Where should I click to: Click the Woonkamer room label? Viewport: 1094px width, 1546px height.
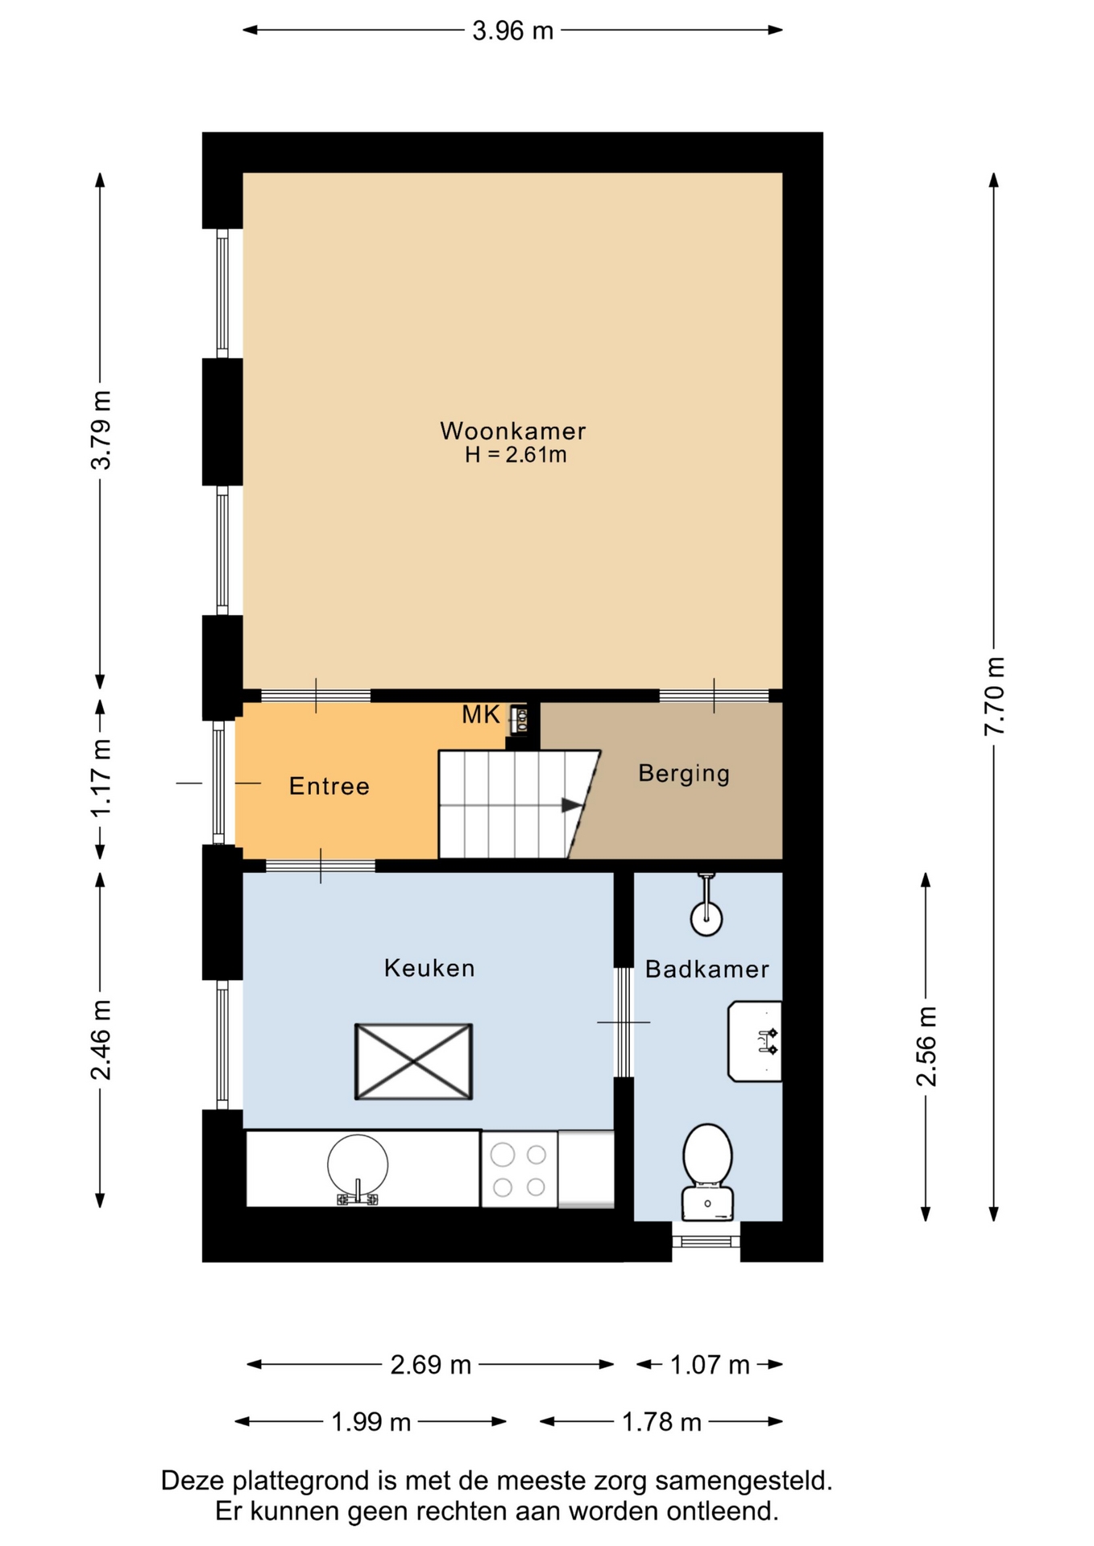512,431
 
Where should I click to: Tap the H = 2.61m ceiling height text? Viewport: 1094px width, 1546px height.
516,455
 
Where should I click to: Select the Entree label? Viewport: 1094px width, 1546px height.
329,786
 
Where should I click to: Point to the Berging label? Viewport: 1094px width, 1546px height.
684,774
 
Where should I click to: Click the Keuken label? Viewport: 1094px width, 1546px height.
429,968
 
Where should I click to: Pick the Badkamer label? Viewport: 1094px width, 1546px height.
707,969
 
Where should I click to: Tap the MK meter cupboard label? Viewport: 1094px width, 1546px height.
481,714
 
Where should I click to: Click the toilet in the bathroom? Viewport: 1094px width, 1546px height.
707,1172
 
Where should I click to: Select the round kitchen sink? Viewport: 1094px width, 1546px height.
358,1165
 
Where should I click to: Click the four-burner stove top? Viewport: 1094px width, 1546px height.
520,1170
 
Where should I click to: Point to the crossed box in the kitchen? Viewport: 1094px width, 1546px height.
413,1061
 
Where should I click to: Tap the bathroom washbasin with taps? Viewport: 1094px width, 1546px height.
755,1041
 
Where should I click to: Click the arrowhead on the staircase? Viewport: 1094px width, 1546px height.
572,805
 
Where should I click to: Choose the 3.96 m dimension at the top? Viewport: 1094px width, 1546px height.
513,31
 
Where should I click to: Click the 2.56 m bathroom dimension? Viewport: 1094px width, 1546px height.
926,1047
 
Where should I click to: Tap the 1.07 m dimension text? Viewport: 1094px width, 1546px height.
710,1365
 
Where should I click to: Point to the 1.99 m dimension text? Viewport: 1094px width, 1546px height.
371,1422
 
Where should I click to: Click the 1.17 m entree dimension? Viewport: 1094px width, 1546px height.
100,779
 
